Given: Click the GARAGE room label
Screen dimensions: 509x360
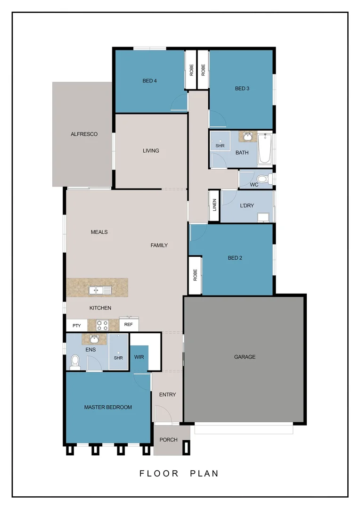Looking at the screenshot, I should [245, 357].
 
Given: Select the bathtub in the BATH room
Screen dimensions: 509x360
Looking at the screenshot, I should [264, 149].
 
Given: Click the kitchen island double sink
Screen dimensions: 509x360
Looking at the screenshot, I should [99, 290].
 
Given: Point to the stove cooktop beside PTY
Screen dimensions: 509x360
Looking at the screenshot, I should [102, 325].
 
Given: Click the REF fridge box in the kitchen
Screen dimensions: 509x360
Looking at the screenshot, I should [128, 324].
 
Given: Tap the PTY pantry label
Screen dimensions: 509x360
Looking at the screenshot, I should [76, 325].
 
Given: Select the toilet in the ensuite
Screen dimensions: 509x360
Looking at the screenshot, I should [75, 361].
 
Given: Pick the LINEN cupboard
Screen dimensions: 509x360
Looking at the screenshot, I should [214, 205].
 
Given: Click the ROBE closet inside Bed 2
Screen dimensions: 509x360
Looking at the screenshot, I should [195, 276].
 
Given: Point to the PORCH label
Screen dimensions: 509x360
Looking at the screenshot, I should [168, 440].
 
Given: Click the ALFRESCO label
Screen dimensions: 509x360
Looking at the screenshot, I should [84, 134].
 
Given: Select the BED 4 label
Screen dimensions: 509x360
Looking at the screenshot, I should [149, 81].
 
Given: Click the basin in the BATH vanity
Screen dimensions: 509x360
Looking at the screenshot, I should [247, 137].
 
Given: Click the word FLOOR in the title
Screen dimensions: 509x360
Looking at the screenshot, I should [159, 473].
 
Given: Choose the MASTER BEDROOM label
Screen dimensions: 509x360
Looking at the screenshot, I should [108, 407].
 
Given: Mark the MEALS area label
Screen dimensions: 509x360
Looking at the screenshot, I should [99, 232].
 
